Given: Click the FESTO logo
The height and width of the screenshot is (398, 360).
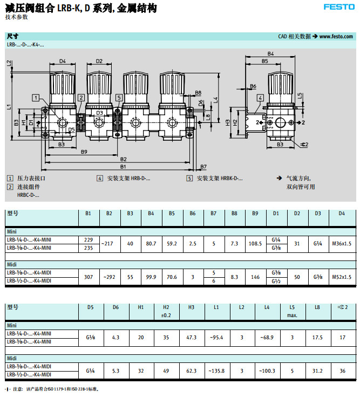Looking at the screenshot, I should [x=339, y=7].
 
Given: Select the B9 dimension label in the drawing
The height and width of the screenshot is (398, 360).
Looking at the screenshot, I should [x=84, y=152].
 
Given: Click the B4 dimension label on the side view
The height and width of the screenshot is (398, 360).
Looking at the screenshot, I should [x=270, y=54].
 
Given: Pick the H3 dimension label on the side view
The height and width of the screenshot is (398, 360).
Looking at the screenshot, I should [x=228, y=122].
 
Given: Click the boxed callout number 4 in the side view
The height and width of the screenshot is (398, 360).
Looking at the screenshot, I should [x=259, y=98].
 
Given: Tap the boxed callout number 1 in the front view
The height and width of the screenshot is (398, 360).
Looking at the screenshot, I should [x=36, y=98].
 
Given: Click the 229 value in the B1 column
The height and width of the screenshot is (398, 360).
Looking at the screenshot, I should [x=89, y=239].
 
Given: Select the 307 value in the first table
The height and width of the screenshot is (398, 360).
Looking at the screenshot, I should [x=89, y=277].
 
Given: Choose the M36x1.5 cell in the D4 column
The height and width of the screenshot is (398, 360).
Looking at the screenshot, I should [x=341, y=243].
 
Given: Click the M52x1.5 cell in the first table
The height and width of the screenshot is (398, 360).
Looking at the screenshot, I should [x=341, y=277].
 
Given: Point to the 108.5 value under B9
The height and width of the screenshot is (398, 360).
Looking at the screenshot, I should [x=255, y=243].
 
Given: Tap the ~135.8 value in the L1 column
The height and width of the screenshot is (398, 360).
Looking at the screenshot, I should [x=216, y=370].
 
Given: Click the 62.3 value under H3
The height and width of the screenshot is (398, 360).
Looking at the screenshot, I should [x=191, y=370].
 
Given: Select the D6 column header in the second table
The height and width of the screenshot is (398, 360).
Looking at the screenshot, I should [x=116, y=307].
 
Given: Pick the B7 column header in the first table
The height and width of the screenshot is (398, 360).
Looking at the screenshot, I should [x=214, y=214].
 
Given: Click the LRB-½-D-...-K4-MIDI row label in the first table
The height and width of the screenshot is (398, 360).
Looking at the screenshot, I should [x=29, y=281].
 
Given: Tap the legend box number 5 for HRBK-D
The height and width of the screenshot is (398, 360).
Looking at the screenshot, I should [x=189, y=178].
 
